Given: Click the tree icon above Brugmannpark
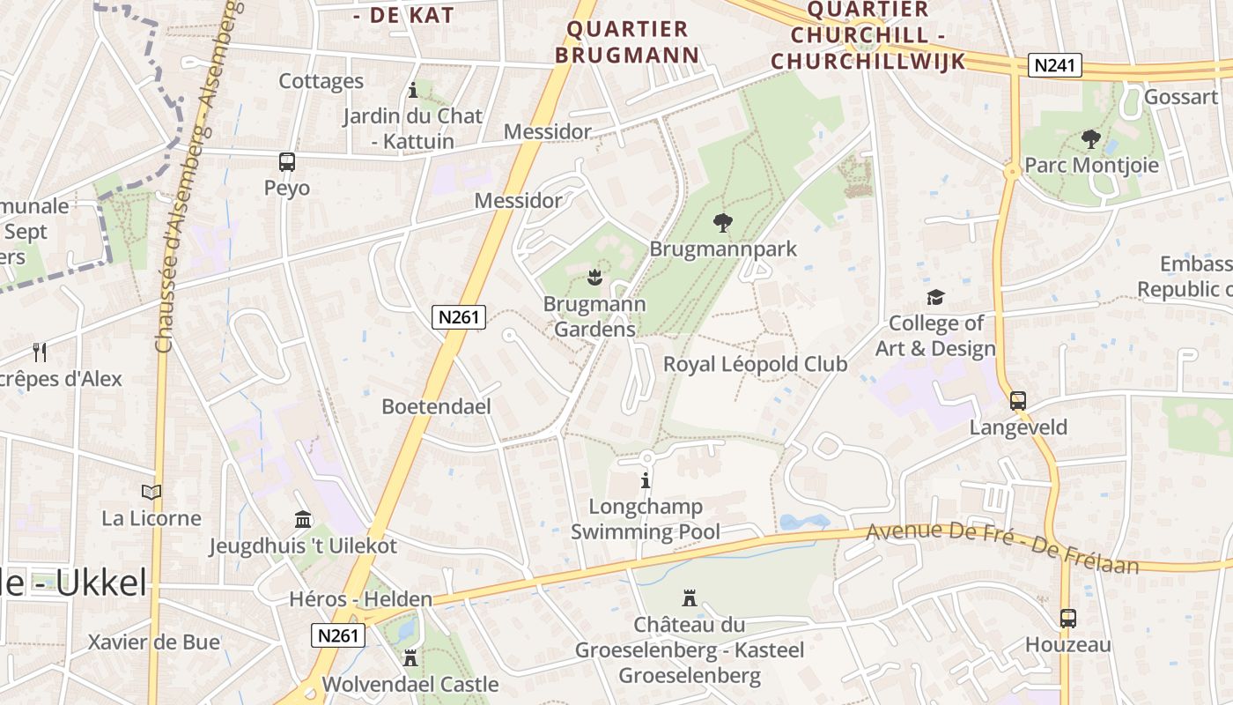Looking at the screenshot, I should point(723,223).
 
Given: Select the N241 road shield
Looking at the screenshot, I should point(1055,66).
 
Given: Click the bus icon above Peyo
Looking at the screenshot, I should point(287,162).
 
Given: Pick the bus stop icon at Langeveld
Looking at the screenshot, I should point(1018,401).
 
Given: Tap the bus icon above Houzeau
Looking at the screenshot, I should point(1067,619).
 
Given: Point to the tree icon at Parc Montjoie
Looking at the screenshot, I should point(1090,139).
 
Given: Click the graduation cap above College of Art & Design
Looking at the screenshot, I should point(935,298).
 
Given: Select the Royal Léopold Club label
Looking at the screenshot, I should point(755,364).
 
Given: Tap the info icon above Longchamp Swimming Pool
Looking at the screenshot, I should point(646,481).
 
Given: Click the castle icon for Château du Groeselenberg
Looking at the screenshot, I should point(690,599).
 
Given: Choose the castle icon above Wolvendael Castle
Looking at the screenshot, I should point(410,657).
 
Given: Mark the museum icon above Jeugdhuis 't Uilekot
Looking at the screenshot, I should point(303,520).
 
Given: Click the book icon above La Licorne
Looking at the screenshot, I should point(151,492).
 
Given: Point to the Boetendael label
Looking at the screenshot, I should point(436,406).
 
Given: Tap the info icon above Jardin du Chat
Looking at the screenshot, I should point(413,90).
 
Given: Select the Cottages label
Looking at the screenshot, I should point(321,81).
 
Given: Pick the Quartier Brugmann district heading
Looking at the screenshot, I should point(632,41).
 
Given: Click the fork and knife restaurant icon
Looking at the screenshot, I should point(39,352).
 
